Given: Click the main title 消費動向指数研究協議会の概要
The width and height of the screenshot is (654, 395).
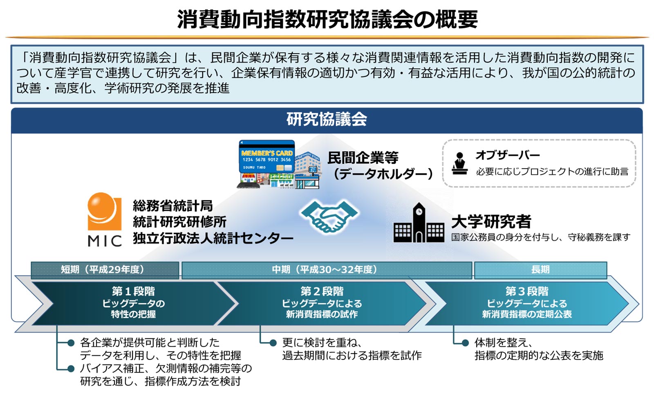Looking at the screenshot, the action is click(x=327, y=20).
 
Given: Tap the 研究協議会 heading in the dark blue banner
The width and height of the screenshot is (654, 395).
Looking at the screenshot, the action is click(x=327, y=119).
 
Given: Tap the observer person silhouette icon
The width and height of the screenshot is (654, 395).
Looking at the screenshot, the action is click(x=459, y=163).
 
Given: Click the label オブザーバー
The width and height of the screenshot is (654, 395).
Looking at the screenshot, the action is click(x=507, y=155).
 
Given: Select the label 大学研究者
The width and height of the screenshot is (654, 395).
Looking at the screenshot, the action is click(x=491, y=221).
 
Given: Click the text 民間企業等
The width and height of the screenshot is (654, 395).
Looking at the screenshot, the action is click(x=363, y=158).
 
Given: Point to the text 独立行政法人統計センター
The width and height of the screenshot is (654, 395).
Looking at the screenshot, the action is click(x=213, y=238).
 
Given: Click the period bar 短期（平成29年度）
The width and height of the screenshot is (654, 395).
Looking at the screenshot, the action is click(x=105, y=270).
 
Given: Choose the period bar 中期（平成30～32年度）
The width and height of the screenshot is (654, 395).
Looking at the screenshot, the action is click(x=327, y=270).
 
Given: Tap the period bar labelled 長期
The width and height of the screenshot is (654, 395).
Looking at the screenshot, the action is click(x=540, y=270).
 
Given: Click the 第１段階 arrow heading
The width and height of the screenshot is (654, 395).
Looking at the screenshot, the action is click(x=133, y=291).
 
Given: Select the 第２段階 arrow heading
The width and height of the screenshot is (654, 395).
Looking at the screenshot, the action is click(x=322, y=291).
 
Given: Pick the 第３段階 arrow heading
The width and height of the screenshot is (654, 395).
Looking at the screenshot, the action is click(x=527, y=291).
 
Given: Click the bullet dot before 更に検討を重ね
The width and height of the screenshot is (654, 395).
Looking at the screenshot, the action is click(x=273, y=343).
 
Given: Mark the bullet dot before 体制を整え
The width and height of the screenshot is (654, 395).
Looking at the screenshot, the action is click(x=466, y=343).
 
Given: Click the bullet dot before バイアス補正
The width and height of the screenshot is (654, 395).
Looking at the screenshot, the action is click(x=71, y=369).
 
